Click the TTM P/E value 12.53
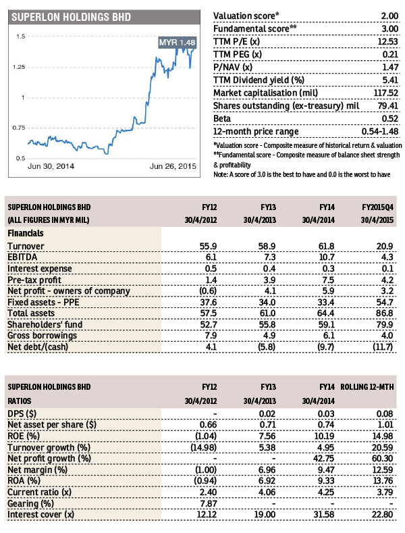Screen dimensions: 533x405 pyautogui.click(x=384, y=41)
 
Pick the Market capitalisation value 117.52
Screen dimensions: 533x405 pyautogui.click(x=381, y=92)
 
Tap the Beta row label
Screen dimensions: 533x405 pyautogui.click(x=223, y=118)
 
